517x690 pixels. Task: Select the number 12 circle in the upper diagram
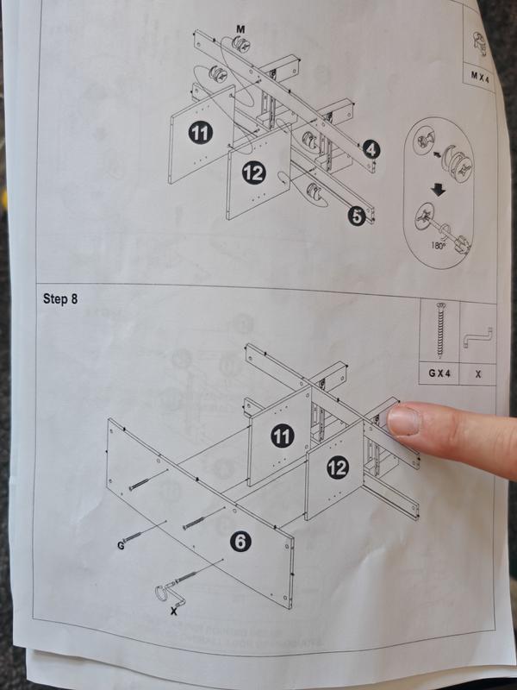[x=252, y=172]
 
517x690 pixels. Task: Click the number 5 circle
[x=356, y=216]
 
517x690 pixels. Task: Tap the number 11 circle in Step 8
[x=281, y=436]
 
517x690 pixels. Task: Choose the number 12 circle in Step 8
[x=338, y=468]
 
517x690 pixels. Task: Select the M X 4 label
[x=480, y=76]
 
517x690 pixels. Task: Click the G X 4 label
[x=441, y=374]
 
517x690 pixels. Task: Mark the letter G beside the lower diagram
[x=121, y=546]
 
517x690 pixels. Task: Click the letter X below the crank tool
[x=174, y=610]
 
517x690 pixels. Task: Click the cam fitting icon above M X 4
[x=479, y=41]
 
